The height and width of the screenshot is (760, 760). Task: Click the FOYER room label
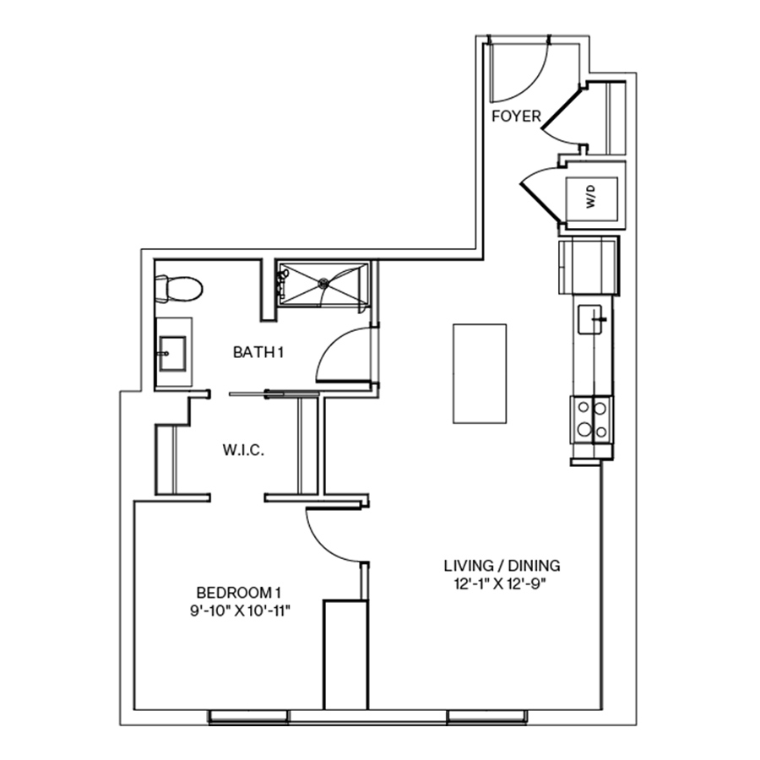(516, 117)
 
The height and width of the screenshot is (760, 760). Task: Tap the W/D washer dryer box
(590, 199)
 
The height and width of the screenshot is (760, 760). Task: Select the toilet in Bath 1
(180, 290)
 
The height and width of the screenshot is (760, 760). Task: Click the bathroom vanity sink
(173, 351)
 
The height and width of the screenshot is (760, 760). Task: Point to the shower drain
(322, 284)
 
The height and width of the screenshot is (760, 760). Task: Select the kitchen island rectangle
(480, 373)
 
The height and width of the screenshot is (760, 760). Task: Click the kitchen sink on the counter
(593, 320)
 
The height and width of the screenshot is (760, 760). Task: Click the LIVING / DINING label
(502, 566)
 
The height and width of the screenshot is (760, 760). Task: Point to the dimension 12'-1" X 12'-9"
(502, 583)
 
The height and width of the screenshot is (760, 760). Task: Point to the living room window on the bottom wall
(488, 718)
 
